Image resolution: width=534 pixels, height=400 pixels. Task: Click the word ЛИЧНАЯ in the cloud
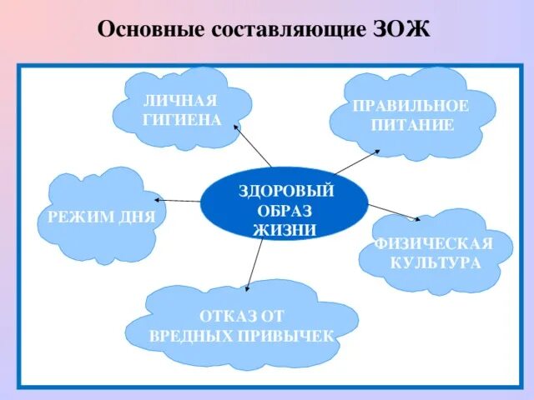(x=181, y=102)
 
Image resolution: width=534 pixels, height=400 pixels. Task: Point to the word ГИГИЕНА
(x=182, y=120)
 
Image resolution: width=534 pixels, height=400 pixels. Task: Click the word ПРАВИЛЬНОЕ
(x=411, y=107)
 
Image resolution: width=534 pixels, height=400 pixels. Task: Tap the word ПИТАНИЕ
(x=412, y=125)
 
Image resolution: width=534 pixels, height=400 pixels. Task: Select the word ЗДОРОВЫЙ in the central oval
(x=285, y=191)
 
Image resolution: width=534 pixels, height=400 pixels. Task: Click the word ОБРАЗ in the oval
(x=285, y=210)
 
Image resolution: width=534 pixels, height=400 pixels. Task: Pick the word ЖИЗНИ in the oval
(x=285, y=229)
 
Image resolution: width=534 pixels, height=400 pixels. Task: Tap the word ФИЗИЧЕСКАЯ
(x=434, y=244)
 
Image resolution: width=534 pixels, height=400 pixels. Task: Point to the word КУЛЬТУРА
(x=436, y=262)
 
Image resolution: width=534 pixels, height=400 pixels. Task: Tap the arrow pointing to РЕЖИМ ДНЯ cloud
(x=178, y=200)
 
